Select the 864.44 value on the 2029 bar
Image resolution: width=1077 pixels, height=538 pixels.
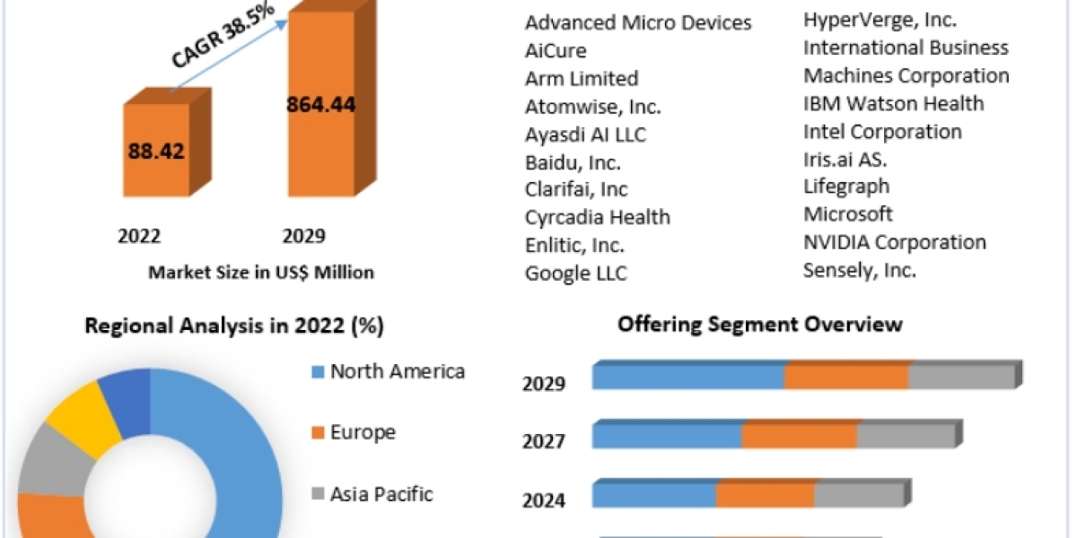(320, 104)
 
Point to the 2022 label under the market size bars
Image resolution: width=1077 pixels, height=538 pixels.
(139, 236)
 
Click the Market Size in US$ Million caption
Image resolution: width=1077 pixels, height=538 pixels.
(261, 272)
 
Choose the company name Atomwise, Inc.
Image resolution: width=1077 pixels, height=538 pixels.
(593, 107)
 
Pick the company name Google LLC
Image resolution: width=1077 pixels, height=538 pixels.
(576, 273)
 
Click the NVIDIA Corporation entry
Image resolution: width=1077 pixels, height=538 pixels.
(894, 242)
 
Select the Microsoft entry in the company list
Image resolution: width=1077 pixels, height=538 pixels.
(848, 214)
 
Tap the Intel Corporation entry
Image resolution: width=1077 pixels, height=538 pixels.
(882, 132)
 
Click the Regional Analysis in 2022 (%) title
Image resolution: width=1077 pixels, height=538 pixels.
(234, 326)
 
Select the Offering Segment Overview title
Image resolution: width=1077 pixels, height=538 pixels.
(759, 324)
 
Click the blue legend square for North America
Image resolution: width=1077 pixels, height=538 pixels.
(317, 372)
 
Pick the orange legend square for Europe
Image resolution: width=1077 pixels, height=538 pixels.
(317, 433)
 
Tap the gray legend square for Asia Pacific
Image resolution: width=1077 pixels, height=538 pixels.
(317, 494)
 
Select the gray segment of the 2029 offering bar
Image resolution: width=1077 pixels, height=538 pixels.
(961, 378)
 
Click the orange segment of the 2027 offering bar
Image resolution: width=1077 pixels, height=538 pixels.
(799, 436)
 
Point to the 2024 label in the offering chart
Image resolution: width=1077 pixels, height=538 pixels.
(544, 499)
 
